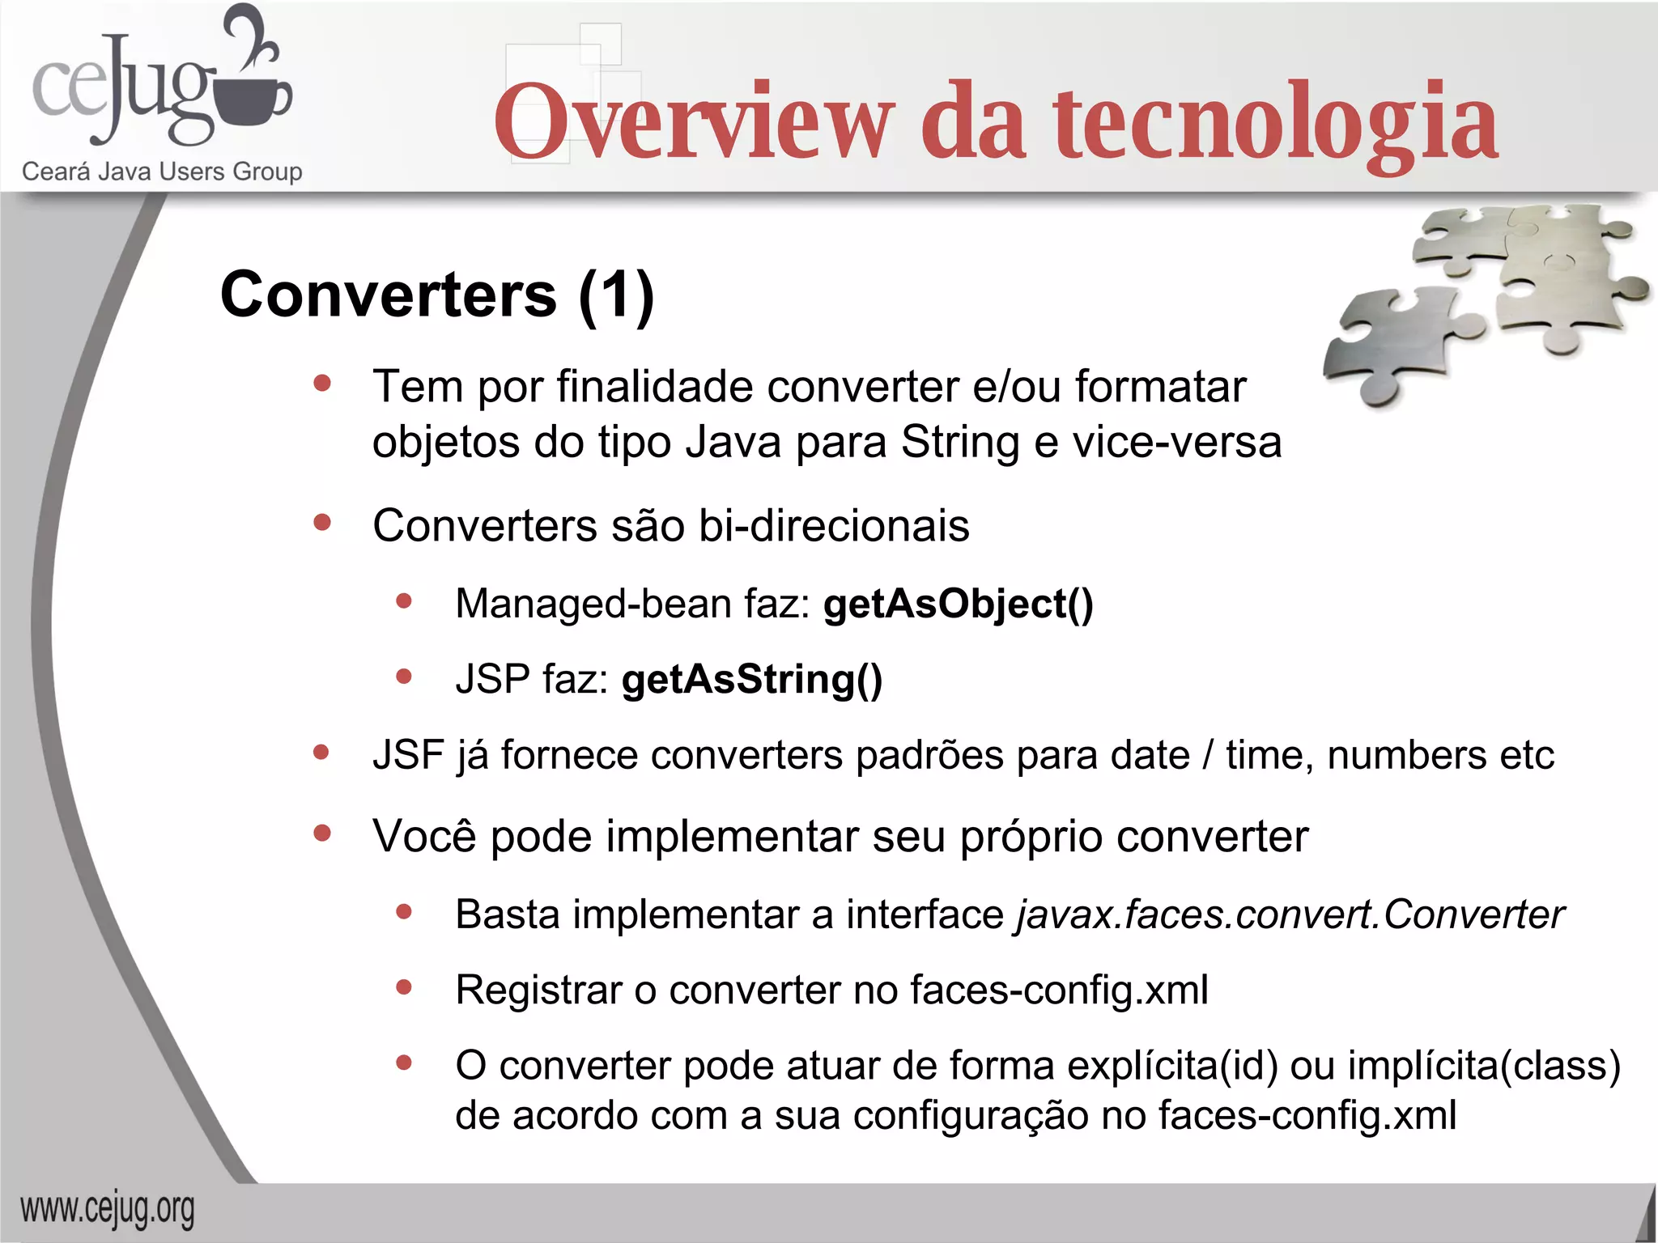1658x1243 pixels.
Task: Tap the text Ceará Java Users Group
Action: click(162, 172)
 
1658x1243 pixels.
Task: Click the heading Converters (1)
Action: click(437, 295)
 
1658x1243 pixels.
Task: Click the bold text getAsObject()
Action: click(959, 604)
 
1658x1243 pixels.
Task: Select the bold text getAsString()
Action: click(752, 679)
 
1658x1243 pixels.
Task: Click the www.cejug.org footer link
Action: click(108, 1210)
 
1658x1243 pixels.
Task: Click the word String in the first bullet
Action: click(960, 443)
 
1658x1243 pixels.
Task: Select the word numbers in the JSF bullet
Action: click(1406, 755)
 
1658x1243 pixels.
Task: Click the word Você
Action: click(424, 836)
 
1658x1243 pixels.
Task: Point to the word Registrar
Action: click(538, 990)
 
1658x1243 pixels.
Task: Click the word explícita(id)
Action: click(1173, 1065)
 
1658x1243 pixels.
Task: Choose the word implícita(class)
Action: click(1484, 1065)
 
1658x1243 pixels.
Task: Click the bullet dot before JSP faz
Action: click(404, 677)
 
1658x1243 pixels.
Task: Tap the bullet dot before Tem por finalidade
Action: click(322, 384)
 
